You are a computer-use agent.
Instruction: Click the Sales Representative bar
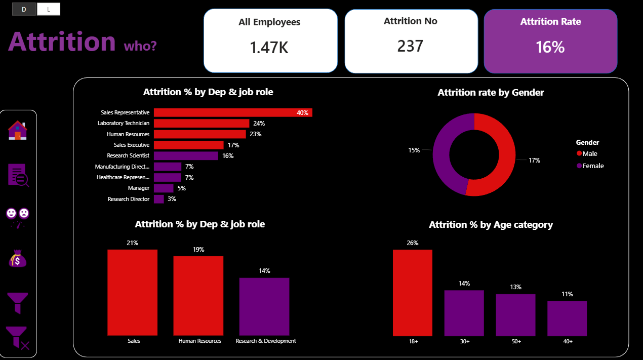click(x=233, y=112)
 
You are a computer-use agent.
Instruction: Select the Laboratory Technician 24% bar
click(x=201, y=123)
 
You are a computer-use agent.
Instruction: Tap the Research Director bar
click(x=158, y=199)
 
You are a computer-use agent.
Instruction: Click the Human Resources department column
click(x=198, y=295)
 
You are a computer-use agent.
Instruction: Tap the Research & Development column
click(x=264, y=306)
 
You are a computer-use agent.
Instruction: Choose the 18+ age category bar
click(x=413, y=292)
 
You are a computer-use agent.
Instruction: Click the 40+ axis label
click(x=568, y=341)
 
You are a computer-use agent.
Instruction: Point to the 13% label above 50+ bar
click(x=515, y=287)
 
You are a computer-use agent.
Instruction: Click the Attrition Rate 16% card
click(x=550, y=41)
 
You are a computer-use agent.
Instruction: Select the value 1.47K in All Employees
click(x=269, y=47)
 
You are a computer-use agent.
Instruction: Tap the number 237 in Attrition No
click(x=410, y=46)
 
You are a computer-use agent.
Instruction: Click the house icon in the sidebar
click(x=17, y=130)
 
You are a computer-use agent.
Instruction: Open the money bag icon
click(x=17, y=259)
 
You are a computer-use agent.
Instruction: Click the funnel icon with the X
click(x=18, y=338)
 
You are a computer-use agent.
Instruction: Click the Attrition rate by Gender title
click(x=491, y=92)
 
